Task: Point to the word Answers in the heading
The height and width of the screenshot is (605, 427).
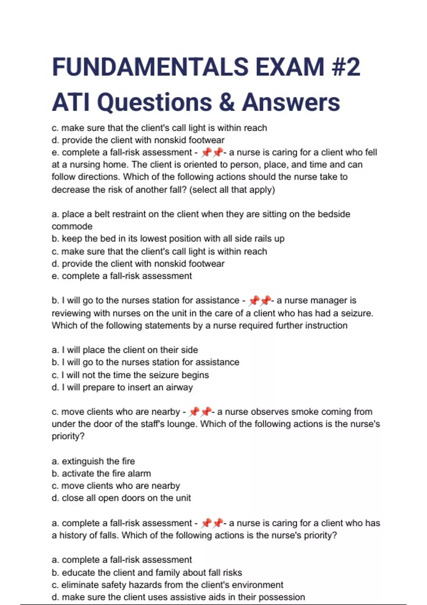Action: point(291,102)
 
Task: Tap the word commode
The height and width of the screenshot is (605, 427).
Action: point(72,227)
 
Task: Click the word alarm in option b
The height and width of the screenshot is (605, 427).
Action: point(139,474)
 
